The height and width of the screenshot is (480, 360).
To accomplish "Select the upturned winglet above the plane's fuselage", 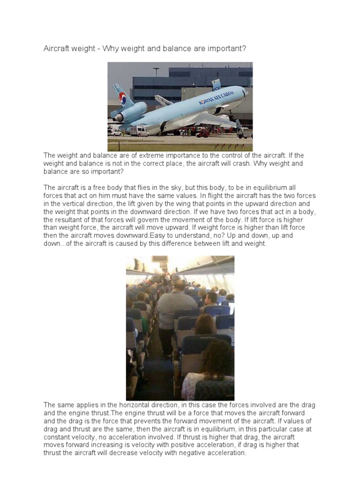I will [216, 85].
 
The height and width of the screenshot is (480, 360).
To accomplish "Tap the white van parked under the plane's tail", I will [139, 131].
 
